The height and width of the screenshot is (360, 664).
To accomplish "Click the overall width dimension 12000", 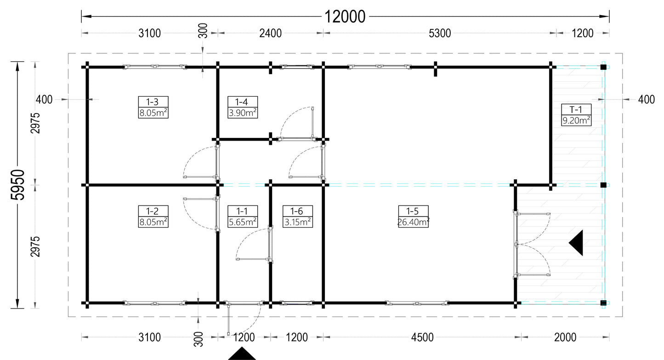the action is [345, 17].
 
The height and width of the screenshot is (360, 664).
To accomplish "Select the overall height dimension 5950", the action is [18, 185].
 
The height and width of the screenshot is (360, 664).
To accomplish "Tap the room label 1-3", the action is [153, 102].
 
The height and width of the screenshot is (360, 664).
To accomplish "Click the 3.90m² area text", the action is [243, 113].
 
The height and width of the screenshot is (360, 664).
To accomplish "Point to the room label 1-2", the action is [153, 211].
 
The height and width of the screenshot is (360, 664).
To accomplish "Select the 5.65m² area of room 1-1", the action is [243, 222].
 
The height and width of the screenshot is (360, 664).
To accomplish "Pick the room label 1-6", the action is [296, 211].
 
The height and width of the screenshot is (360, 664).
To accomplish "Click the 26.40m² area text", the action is [413, 222].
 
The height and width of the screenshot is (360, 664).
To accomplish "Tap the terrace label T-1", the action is [576, 110].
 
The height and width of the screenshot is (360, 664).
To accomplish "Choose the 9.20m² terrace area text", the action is [576, 121].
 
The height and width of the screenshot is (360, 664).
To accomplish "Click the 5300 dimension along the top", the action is [440, 34].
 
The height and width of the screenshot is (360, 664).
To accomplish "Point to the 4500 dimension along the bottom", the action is [422, 337].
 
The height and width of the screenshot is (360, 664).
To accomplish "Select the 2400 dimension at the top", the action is [270, 34].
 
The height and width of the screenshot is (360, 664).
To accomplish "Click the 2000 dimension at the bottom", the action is [565, 337].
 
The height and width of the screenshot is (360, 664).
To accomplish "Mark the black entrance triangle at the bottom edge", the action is [242, 354].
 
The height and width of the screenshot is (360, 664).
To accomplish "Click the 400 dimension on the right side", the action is [646, 100].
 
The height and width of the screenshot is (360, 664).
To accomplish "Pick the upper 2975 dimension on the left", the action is [35, 123].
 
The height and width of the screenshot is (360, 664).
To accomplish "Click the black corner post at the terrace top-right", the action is [603, 67].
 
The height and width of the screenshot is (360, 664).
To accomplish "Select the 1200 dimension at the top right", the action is [583, 34].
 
